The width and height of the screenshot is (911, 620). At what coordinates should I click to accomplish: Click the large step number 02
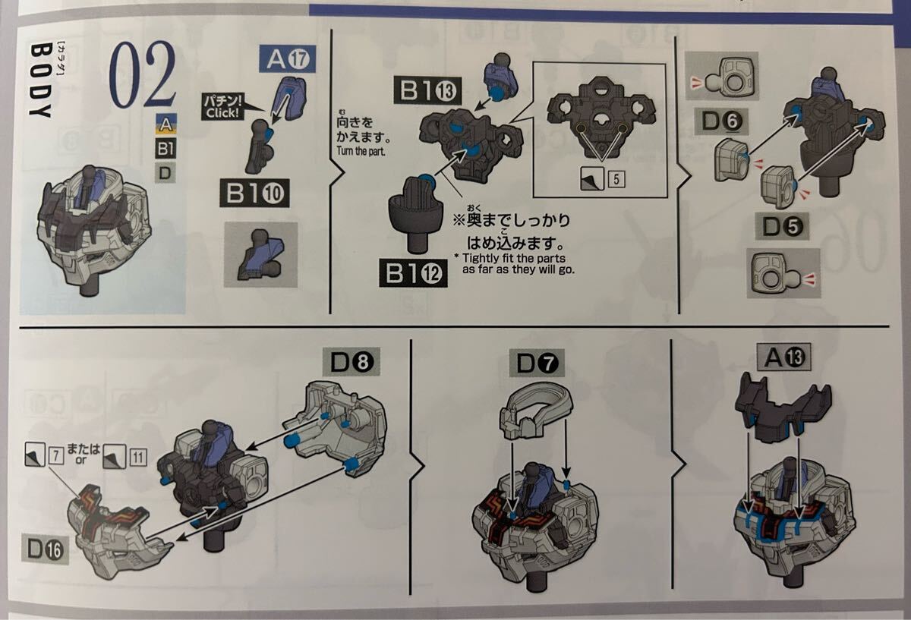pyautogui.click(x=143, y=75)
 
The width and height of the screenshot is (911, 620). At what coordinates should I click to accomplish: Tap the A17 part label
pyautogui.click(x=288, y=59)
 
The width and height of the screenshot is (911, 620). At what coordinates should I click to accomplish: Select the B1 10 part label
pyautogui.click(x=254, y=193)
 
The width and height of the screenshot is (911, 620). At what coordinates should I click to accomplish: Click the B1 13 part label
pyautogui.click(x=427, y=90)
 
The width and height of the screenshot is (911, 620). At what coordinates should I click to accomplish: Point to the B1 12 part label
pyautogui.click(x=413, y=274)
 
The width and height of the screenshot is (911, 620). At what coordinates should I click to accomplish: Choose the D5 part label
pyautogui.click(x=782, y=226)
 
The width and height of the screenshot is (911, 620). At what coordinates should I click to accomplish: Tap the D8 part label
pyautogui.click(x=351, y=361)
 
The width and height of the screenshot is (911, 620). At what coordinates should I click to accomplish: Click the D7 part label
pyautogui.click(x=537, y=363)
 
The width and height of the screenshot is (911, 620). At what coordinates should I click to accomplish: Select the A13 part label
pyautogui.click(x=783, y=357)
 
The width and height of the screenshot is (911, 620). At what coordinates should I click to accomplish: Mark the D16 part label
pyautogui.click(x=45, y=549)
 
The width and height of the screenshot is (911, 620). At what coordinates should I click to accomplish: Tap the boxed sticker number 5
pyautogui.click(x=616, y=179)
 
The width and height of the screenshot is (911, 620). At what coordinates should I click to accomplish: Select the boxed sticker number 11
pyautogui.click(x=138, y=458)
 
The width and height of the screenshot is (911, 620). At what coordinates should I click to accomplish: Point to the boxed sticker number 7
pyautogui.click(x=56, y=456)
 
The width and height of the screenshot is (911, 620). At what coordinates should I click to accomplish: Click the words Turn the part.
pyautogui.click(x=361, y=152)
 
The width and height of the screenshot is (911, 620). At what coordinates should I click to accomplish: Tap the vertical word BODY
pyautogui.click(x=42, y=80)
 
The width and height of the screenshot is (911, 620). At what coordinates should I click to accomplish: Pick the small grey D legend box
pyautogui.click(x=165, y=173)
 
